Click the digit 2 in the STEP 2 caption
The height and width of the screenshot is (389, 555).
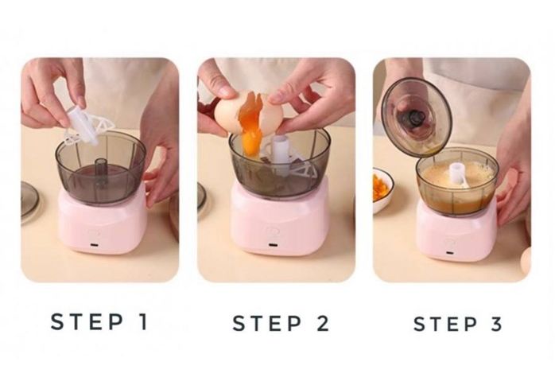click(322, 324)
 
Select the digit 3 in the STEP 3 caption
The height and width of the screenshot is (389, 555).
click(497, 324)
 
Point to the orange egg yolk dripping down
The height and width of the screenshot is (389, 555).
click(250, 131)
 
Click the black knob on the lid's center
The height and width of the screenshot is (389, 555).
click(416, 119)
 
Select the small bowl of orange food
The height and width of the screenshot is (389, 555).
click(382, 189)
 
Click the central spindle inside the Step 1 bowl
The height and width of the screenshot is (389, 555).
click(102, 170)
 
